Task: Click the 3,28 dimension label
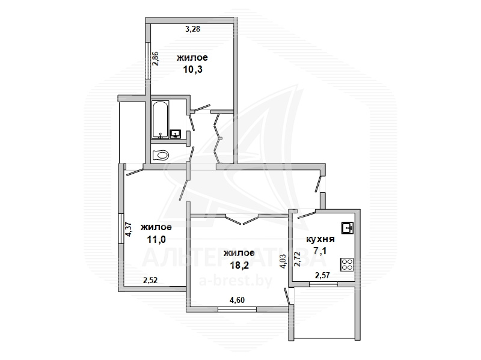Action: [193, 29]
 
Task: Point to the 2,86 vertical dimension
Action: [156, 59]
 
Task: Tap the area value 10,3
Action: [192, 70]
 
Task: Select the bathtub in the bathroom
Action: [160, 119]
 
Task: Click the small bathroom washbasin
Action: [176, 133]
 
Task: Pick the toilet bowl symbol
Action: [161, 155]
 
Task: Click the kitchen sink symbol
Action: [348, 228]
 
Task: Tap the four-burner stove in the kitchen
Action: [347, 264]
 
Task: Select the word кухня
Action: [320, 239]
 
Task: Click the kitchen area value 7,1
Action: [320, 251]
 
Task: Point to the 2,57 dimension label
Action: [322, 275]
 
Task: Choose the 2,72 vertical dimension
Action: [297, 260]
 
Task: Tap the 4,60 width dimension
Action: [237, 300]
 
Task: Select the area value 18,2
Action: [239, 264]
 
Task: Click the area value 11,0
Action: [156, 239]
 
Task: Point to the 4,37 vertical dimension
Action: [129, 229]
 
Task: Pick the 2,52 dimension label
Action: [150, 280]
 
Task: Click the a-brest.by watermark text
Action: [235, 280]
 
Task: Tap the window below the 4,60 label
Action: [237, 310]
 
